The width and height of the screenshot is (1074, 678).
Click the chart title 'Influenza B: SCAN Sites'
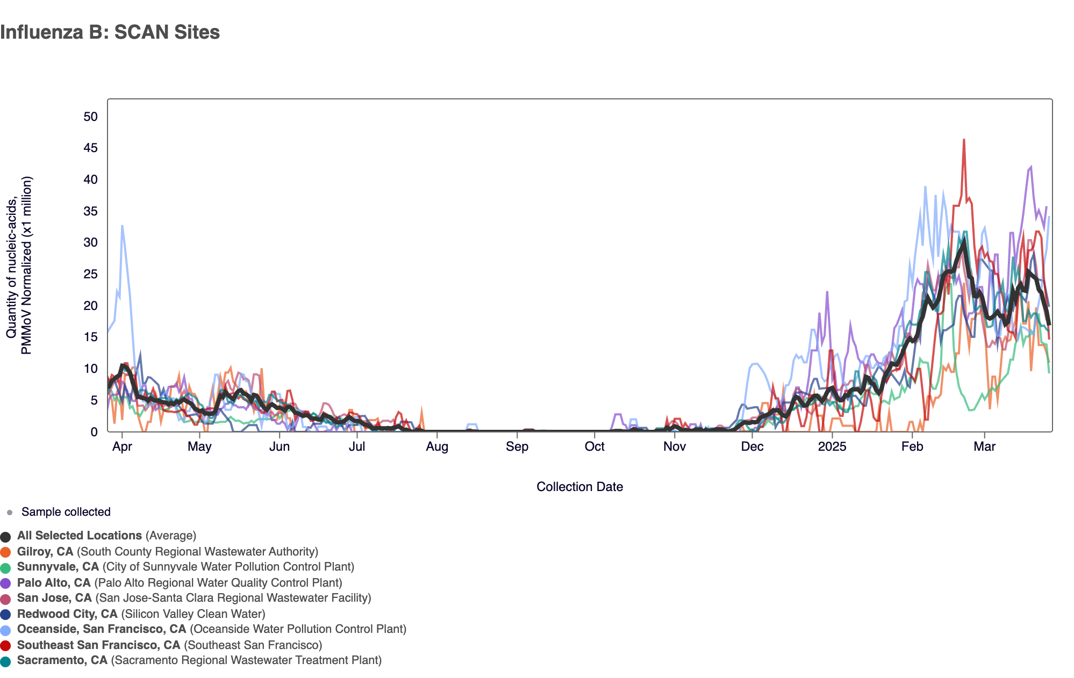click(x=110, y=32)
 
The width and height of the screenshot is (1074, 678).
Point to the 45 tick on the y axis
click(x=91, y=148)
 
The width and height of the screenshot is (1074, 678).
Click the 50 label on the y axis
click(x=91, y=117)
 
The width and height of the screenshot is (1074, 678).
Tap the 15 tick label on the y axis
click(x=91, y=337)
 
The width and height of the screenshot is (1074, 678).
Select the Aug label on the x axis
click(x=437, y=447)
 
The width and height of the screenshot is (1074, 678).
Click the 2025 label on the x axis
click(x=832, y=447)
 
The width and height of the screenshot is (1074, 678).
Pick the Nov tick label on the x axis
click(x=675, y=447)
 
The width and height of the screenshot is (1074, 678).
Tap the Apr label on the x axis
click(x=122, y=447)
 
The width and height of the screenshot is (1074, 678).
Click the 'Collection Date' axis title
click(x=579, y=487)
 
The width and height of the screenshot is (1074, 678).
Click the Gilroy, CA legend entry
click(x=45, y=552)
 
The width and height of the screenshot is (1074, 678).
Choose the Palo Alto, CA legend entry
click(x=54, y=583)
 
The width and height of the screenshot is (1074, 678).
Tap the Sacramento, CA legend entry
click(x=62, y=660)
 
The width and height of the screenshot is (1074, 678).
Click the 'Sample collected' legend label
click(x=66, y=512)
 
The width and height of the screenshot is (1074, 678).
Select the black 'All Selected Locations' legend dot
click(x=6, y=536)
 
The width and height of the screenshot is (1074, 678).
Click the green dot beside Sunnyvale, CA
click(x=6, y=567)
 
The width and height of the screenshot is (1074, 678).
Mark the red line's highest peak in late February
click(x=964, y=140)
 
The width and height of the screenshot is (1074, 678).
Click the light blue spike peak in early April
click(x=123, y=226)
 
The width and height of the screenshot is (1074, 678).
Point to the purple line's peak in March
click(x=1030, y=167)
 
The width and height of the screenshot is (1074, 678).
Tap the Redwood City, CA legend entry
click(x=67, y=614)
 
